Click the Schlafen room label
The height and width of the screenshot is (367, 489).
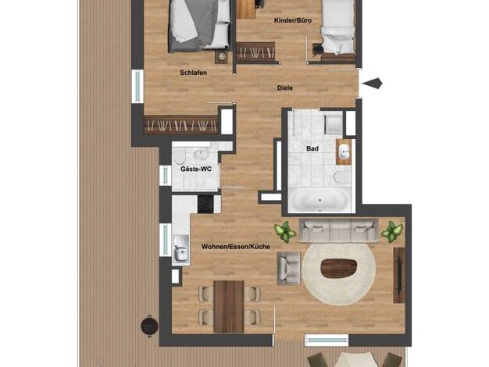point(194,73)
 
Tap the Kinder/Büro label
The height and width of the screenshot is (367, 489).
point(293,20)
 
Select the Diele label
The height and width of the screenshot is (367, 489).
point(285,88)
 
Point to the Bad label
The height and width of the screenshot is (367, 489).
point(312,148)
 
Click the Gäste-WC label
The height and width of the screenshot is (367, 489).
point(196,169)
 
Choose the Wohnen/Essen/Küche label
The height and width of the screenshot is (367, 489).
point(236,247)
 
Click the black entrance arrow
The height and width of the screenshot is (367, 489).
point(373,84)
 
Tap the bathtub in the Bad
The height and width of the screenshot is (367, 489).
point(319,200)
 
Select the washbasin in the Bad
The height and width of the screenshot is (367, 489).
point(344,151)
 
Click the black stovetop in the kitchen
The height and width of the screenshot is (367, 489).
point(205,204)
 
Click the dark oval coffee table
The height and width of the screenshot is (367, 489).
point(339,268)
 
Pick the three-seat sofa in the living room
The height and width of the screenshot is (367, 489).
point(339,230)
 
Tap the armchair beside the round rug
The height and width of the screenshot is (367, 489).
point(289,268)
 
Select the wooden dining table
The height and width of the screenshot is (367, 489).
point(229,307)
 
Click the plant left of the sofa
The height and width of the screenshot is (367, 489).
point(285,231)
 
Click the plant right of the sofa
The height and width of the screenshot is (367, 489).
point(392,231)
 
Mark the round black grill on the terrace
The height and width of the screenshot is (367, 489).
point(149,326)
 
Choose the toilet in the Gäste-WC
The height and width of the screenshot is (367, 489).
point(179,157)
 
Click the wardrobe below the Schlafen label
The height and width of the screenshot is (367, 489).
point(180,125)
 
